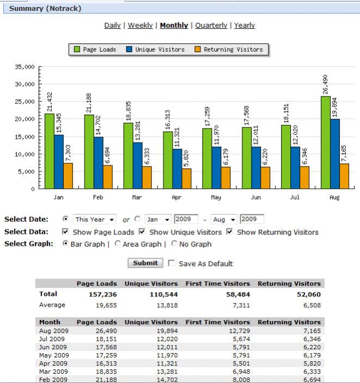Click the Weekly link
(140, 26)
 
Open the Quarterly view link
(211, 26)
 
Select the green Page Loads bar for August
(325, 143)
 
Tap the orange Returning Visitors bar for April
(187, 178)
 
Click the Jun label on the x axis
(255, 197)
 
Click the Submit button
(145, 263)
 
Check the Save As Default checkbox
(172, 263)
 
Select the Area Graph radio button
(118, 244)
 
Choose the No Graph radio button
(174, 244)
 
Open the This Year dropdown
(95, 219)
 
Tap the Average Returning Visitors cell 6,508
(310, 305)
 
